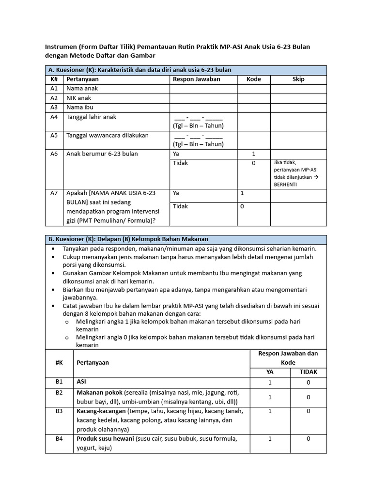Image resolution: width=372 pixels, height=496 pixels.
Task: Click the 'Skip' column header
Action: pyautogui.click(x=298, y=79)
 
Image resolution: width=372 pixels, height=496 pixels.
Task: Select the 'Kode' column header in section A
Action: pyautogui.click(x=253, y=79)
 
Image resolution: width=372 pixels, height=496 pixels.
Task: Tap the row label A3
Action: pyautogui.click(x=54, y=107)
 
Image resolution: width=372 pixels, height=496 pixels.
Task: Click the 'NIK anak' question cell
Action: pyautogui.click(x=78, y=98)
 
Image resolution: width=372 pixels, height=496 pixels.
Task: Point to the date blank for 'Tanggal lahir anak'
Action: pyautogui.click(x=198, y=117)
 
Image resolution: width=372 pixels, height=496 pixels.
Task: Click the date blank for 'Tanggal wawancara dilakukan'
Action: pyautogui.click(x=198, y=136)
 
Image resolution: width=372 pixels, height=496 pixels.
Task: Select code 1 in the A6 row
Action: pyautogui.click(x=253, y=154)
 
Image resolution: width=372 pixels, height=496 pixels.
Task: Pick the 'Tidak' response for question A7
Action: pyautogui.click(x=180, y=206)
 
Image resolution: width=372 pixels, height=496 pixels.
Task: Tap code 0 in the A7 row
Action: pyautogui.click(x=242, y=206)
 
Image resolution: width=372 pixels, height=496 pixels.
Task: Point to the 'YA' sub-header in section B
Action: pyautogui.click(x=270, y=372)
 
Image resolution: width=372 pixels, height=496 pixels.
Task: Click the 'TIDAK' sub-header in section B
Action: pyautogui.click(x=308, y=372)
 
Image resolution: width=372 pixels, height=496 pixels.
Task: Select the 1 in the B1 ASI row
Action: pyautogui.click(x=270, y=382)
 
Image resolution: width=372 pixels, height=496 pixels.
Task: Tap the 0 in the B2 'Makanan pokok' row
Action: pyautogui.click(x=308, y=397)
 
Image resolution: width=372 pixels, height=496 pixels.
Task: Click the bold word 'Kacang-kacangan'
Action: pyautogui.click(x=101, y=411)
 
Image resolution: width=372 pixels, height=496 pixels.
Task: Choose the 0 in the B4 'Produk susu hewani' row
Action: pyautogui.click(x=308, y=439)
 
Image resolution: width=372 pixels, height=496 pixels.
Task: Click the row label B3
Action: pyautogui.click(x=59, y=411)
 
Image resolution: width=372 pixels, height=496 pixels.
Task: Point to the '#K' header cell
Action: pyautogui.click(x=59, y=362)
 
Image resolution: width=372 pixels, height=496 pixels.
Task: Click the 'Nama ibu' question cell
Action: pyautogui.click(x=80, y=107)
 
